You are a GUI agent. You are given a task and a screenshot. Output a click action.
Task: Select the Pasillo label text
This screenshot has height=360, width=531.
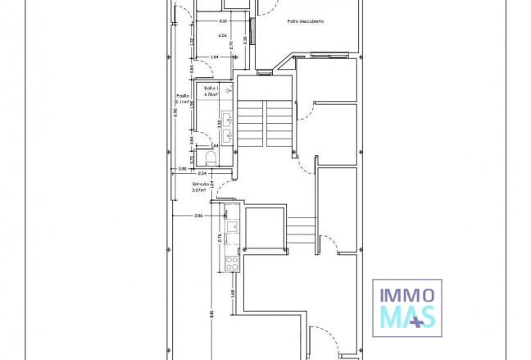pos(182,95)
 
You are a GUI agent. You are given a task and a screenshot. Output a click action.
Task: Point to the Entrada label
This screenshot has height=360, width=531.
pos(201,184)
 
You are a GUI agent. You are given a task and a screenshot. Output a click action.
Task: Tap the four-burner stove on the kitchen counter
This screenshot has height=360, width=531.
pos(232,263)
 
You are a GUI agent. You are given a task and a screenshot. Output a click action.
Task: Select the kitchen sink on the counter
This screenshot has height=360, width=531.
pos(233,227)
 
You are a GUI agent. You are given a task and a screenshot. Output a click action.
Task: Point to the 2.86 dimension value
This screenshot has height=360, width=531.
pos(199,216)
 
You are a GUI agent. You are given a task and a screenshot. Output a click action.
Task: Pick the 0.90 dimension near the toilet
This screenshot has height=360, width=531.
pos(182,169)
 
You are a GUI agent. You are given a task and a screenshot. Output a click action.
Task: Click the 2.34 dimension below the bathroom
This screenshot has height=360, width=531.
pos(202,174)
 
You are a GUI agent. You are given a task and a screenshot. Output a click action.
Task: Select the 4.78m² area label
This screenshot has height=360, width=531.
pos(211,95)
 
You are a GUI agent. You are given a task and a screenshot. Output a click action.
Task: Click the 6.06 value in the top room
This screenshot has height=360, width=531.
pos(222,35)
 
